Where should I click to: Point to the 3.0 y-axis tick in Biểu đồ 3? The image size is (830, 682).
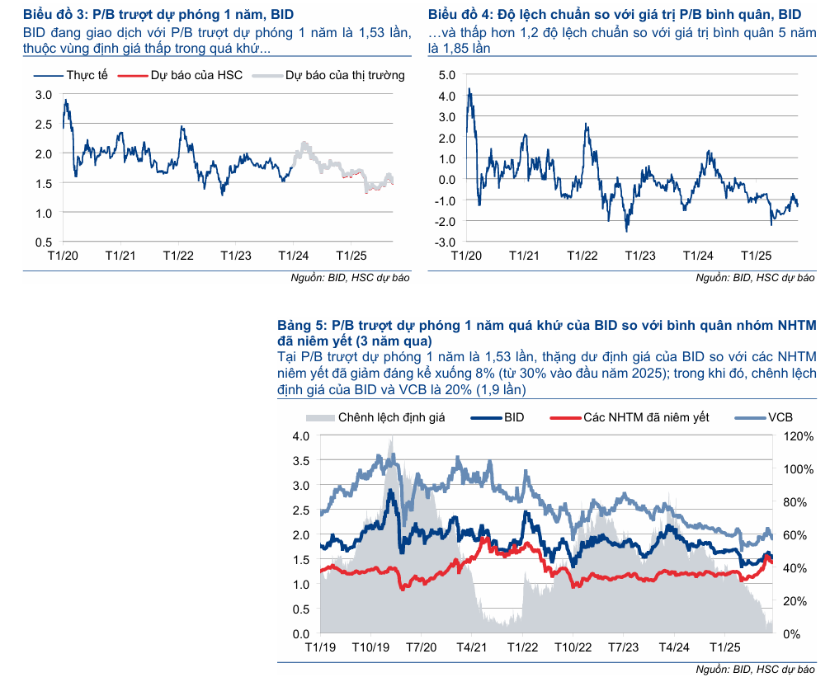click(x=44, y=95)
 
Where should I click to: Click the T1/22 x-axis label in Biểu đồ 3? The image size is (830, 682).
click(x=178, y=256)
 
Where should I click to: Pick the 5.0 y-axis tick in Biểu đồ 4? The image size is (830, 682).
click(x=446, y=75)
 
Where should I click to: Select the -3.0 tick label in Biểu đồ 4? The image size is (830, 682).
click(x=445, y=242)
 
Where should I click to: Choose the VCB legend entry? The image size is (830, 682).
click(x=780, y=417)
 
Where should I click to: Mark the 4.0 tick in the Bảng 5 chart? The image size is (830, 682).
click(x=301, y=435)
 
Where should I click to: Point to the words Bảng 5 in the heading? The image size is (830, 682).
click(x=300, y=326)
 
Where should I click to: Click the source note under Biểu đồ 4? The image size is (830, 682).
click(x=755, y=277)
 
